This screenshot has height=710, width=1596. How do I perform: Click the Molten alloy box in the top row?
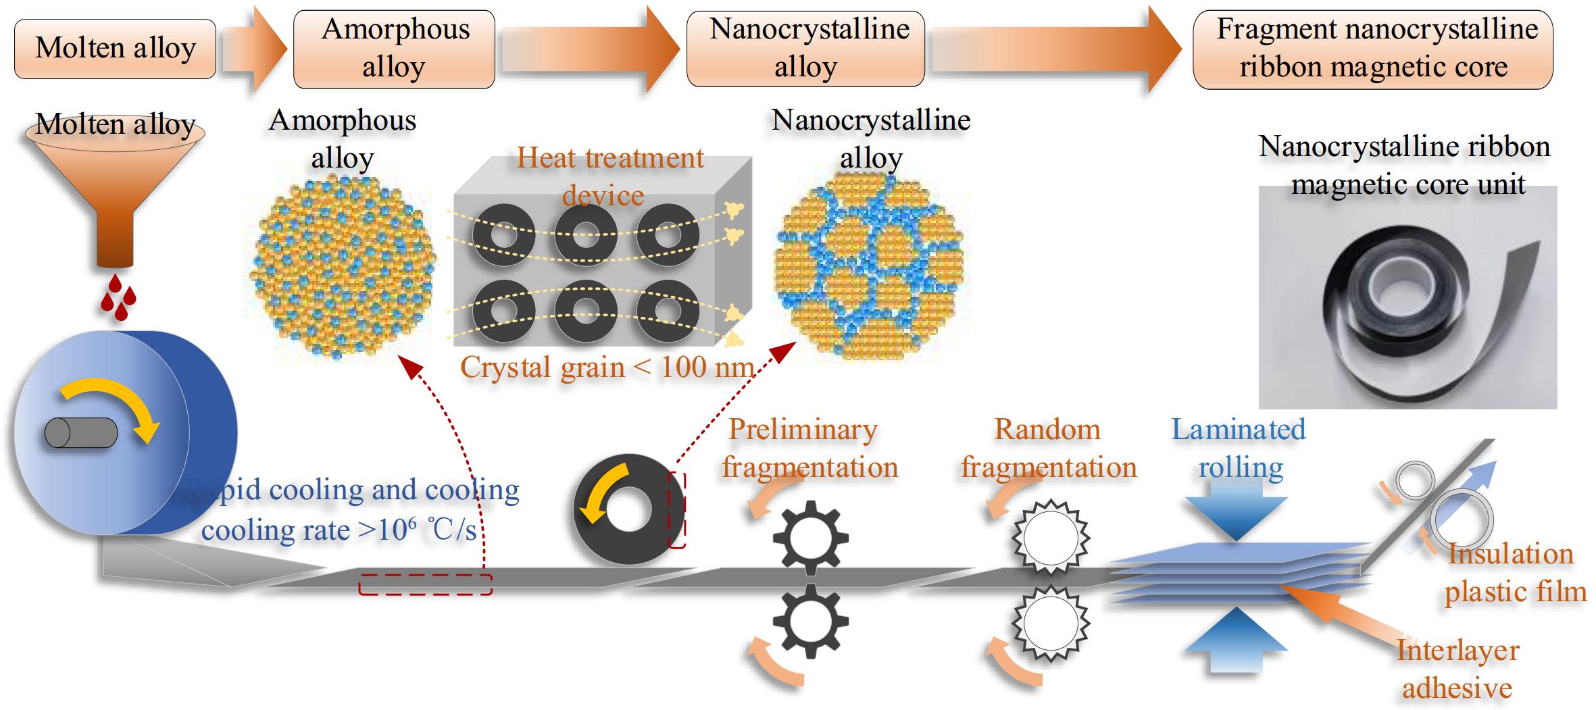[x=115, y=49]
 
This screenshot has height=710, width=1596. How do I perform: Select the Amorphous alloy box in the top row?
[x=394, y=49]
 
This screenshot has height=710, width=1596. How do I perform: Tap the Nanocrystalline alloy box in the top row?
[x=805, y=49]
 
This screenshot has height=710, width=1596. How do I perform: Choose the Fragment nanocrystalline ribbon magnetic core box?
[x=1373, y=49]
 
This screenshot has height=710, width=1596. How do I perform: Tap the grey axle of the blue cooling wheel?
[x=80, y=433]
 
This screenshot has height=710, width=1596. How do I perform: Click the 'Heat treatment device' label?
[x=608, y=176]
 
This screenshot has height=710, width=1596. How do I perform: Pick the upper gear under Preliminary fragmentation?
[x=810, y=537]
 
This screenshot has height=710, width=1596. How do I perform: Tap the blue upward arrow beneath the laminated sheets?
[x=1236, y=638]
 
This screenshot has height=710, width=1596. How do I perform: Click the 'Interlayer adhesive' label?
[x=1457, y=669]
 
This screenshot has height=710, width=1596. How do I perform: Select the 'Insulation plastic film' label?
[x=1514, y=573]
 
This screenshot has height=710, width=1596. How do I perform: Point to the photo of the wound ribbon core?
[x=1407, y=297]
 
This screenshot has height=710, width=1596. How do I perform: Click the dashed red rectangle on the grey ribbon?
[x=425, y=584]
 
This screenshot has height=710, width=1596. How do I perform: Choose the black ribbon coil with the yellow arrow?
[x=628, y=509]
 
